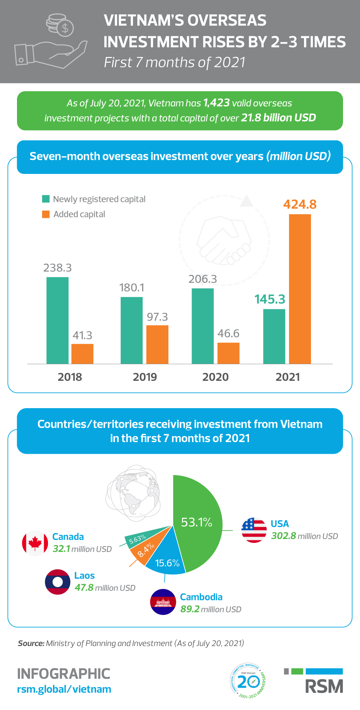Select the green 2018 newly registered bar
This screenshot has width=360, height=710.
[57, 320]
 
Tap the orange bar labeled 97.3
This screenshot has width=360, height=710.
[157, 344]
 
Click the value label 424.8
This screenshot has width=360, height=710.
[300, 204]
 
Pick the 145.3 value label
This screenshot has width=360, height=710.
[270, 299]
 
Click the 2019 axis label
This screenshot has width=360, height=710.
[145, 377]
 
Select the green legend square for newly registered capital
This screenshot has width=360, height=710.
[46, 199]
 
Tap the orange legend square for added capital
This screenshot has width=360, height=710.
[46, 214]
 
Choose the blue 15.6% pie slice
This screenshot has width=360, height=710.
[167, 560]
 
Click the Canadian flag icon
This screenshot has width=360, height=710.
[35, 543]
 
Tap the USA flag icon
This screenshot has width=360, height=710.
[254, 530]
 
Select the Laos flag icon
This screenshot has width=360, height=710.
[58, 582]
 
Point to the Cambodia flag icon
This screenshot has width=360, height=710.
[163, 602]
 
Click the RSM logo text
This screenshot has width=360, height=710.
[324, 686]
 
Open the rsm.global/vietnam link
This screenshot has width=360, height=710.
[64, 689]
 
